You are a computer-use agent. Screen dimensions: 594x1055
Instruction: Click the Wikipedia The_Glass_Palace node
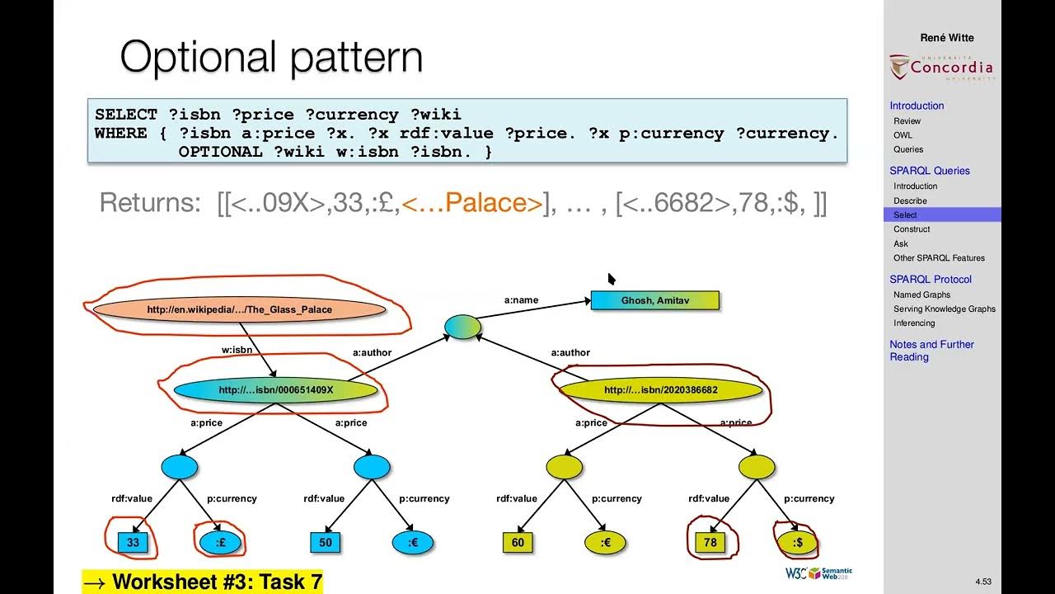point(239,309)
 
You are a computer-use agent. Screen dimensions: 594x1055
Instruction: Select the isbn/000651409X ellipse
point(275,390)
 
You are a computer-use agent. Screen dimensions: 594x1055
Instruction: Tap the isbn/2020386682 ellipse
point(660,390)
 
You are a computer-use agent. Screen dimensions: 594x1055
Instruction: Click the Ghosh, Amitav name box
point(654,300)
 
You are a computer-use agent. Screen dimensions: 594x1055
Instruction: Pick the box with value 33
point(133,542)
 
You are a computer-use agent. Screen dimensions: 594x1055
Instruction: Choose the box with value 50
point(326,542)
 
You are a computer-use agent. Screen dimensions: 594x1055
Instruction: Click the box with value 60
point(518,542)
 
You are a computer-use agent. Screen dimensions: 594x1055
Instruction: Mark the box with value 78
point(710,542)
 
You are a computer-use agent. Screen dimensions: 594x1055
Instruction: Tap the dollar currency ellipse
point(797,542)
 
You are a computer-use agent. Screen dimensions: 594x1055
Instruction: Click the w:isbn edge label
point(237,350)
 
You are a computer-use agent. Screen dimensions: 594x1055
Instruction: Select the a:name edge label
point(521,300)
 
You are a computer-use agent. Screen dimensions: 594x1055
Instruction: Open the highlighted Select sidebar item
point(905,215)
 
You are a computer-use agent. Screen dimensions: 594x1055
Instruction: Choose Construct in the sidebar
point(912,229)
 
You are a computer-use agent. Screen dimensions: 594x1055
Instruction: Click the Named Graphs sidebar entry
point(921,295)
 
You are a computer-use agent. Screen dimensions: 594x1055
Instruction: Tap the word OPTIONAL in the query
point(221,152)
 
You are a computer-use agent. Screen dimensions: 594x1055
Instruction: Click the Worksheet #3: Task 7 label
point(203,582)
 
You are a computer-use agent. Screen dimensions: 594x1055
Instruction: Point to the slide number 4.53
point(982,582)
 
